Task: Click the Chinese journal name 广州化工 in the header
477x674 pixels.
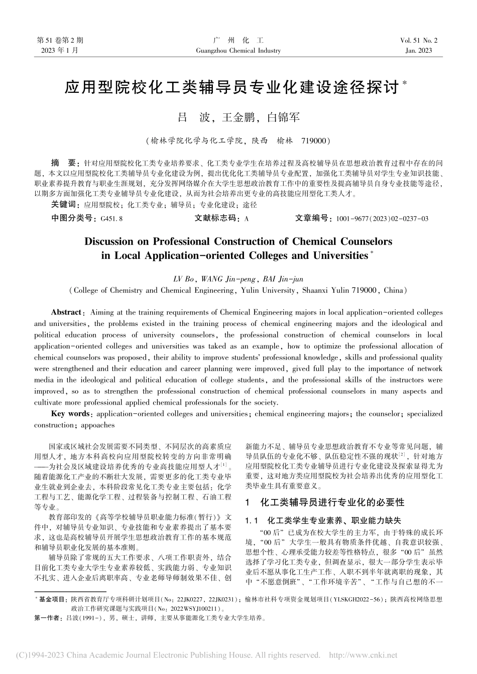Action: pos(238,40)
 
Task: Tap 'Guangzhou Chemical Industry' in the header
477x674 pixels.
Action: pos(238,51)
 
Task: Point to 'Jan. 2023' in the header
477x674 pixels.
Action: pos(418,51)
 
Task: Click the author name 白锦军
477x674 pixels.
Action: pos(283,118)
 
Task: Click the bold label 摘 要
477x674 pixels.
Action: pos(64,163)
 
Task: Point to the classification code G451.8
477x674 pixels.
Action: pos(111,219)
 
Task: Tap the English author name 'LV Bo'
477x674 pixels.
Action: pos(184,279)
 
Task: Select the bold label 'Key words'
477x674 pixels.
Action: pos(70,414)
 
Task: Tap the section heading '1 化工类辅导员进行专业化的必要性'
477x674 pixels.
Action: pos(324,502)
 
